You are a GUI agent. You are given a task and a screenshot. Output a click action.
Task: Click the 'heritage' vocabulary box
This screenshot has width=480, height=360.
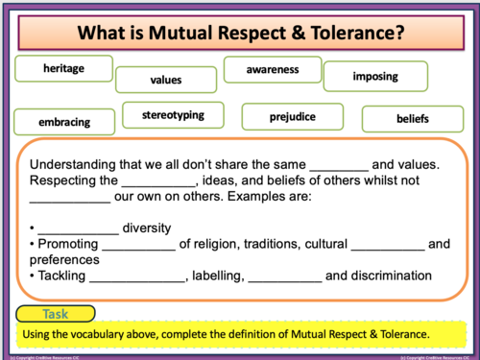pyautogui.click(x=64, y=68)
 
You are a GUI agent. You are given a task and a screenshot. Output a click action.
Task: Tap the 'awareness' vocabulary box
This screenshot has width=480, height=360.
pyautogui.click(x=273, y=69)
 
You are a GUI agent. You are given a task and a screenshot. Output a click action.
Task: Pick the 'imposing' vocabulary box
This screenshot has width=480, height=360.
pyautogui.click(x=368, y=75)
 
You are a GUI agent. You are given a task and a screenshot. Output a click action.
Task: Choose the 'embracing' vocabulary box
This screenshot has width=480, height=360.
pyautogui.click(x=64, y=122)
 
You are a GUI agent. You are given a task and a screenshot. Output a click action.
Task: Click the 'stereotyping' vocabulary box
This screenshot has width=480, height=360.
pyautogui.click(x=173, y=115)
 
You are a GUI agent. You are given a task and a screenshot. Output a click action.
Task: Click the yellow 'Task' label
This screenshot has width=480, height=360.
pyautogui.click(x=56, y=313)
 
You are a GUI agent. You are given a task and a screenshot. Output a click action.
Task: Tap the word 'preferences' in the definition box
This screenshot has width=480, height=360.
pyautogui.click(x=64, y=259)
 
